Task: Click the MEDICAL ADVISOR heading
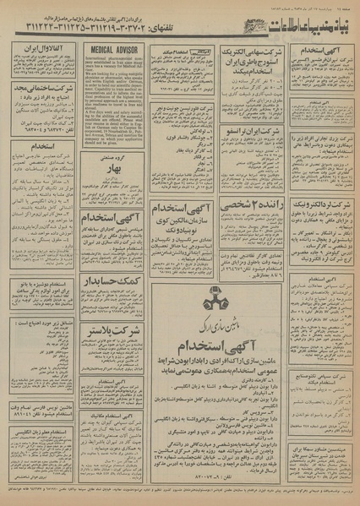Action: (114, 52)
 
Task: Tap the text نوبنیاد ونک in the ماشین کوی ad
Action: (182, 231)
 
